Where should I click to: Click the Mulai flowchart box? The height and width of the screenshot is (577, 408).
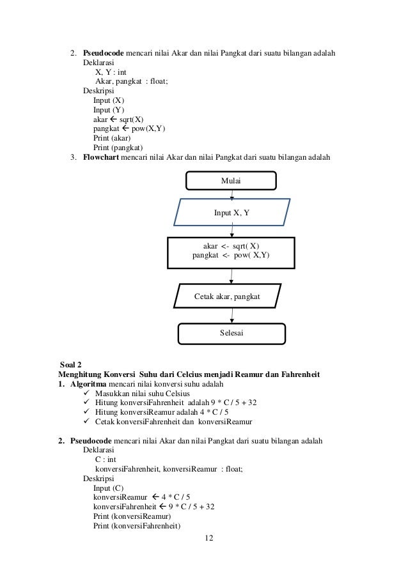point(231,181)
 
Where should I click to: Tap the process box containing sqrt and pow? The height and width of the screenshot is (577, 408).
point(231,252)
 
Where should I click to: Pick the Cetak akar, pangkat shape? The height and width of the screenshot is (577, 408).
point(227,296)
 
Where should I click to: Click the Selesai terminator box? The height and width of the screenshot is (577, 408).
point(231,333)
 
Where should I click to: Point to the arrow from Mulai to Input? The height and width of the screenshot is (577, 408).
point(231,194)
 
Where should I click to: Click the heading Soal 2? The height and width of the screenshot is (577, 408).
point(70,364)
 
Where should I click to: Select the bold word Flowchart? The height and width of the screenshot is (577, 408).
point(101,157)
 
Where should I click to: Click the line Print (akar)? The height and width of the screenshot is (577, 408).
point(112,137)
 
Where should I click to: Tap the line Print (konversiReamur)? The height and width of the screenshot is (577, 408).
point(132,516)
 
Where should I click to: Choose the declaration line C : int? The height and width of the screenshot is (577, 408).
point(105,459)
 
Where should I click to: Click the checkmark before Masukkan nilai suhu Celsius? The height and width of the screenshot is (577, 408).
point(88,393)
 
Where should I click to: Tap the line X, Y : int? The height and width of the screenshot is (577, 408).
point(111,72)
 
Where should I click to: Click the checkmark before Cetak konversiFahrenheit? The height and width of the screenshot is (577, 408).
point(88,422)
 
